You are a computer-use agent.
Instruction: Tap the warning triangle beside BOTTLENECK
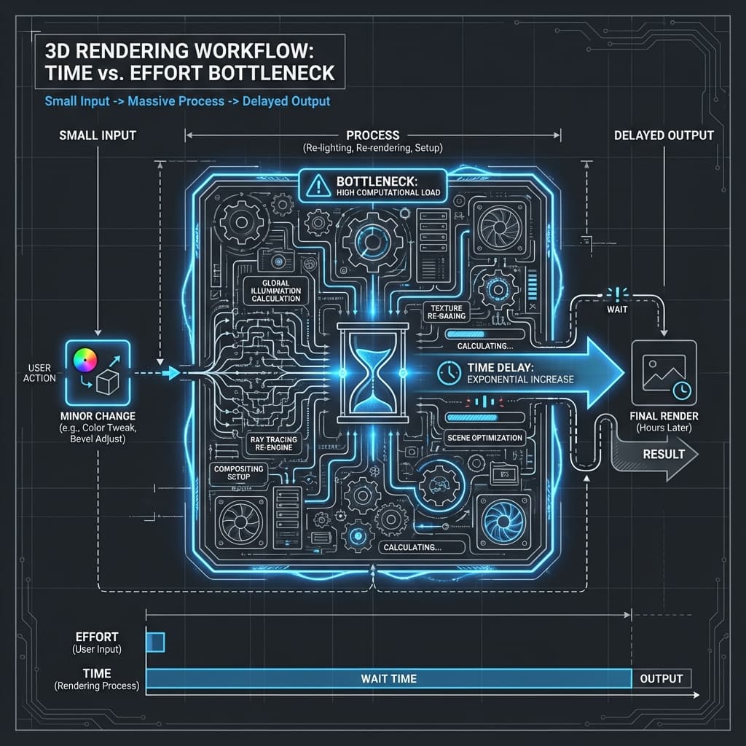318,186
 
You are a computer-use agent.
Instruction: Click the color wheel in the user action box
85,358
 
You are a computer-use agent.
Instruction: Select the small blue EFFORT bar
156,642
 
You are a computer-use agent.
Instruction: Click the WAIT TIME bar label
388,678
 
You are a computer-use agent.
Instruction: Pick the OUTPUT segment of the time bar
661,678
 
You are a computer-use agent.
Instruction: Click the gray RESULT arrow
659,454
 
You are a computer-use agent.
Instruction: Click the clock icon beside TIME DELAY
448,373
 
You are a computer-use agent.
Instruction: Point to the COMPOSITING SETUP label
238,472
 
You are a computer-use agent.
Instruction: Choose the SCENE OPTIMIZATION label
484,438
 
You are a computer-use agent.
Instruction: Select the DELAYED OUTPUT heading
664,136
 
